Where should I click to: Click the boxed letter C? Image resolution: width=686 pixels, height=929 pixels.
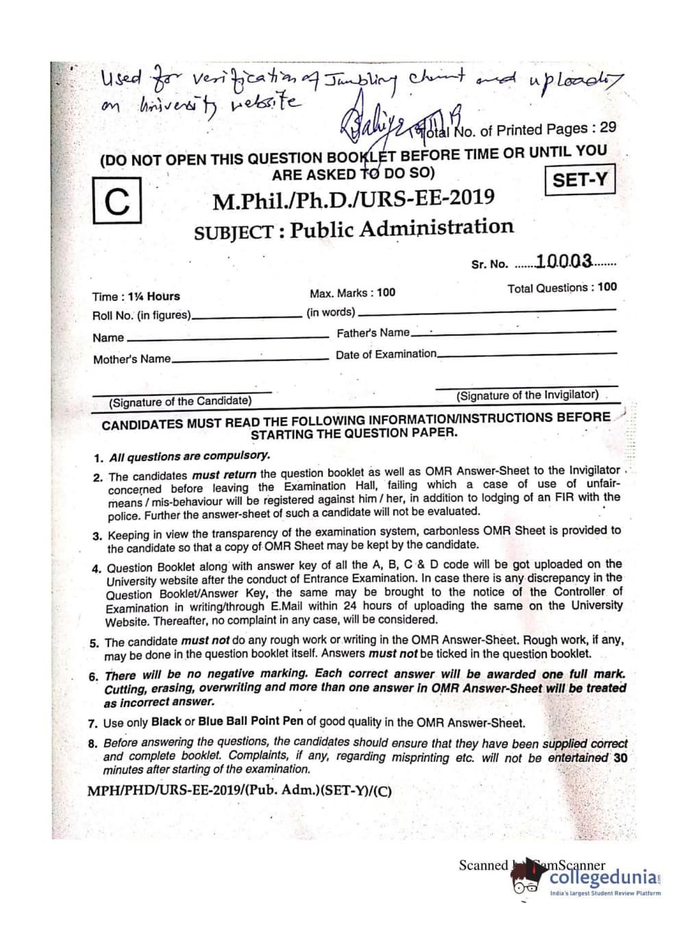[117, 201]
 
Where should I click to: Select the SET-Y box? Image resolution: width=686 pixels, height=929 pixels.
[579, 180]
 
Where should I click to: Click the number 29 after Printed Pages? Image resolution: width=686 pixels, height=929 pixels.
[607, 127]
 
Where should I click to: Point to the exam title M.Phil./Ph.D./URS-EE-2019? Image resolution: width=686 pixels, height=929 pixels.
[353, 199]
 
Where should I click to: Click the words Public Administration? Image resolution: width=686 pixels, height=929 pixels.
[401, 227]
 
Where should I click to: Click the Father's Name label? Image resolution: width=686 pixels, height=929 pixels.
[373, 334]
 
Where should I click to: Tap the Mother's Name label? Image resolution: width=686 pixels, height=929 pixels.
[132, 359]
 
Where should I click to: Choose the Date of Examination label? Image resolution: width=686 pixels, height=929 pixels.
[386, 354]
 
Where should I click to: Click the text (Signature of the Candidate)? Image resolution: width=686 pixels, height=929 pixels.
[180, 401]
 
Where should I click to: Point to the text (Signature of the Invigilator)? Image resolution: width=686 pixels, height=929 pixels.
[527, 395]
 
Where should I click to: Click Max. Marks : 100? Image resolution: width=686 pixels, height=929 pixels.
[352, 293]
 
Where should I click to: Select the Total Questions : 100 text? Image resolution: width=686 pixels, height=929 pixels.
[562, 288]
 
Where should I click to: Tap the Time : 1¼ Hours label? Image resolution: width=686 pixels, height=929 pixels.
[136, 297]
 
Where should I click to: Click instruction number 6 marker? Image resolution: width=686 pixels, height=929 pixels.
[94, 677]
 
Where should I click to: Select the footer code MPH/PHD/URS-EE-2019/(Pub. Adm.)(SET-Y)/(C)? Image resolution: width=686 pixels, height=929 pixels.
[239, 791]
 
